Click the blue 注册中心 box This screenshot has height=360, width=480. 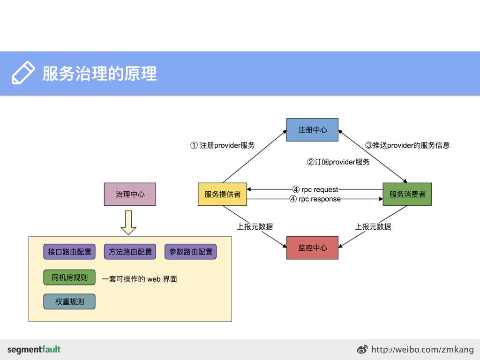click(312, 130)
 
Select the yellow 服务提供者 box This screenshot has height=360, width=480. click(222, 194)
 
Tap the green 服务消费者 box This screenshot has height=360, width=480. click(407, 194)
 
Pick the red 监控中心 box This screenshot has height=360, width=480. click(312, 247)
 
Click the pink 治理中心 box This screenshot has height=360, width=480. click(130, 194)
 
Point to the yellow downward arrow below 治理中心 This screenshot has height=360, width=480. click(128, 223)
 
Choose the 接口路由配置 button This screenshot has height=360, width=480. click(69, 252)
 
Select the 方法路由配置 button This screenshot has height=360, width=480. click(130, 252)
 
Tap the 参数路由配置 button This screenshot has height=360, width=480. click(190, 252)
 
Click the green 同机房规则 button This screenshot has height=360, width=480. click(69, 277)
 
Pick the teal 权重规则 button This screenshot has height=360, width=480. click(69, 302)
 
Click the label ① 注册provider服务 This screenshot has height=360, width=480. click(223, 145)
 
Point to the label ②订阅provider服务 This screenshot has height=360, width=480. click(338, 162)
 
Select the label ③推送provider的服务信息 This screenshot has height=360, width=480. click(407, 145)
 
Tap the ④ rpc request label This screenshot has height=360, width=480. click(315, 189)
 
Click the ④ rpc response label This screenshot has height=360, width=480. click(315, 199)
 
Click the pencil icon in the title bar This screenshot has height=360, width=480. click(22, 73)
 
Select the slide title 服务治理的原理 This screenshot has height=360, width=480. click(99, 74)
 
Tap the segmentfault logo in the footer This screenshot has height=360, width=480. click(34, 349)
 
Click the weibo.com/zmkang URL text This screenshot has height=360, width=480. click(422, 349)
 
